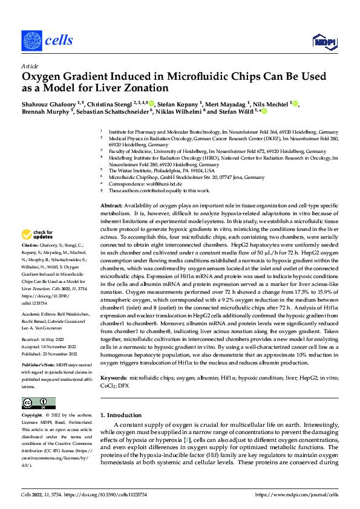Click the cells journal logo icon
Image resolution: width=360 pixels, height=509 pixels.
(31, 41)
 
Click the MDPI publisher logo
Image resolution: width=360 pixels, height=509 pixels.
(322, 41)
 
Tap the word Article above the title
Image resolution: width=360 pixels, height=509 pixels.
(29, 66)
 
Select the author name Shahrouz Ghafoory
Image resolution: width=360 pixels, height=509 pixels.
(48, 103)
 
